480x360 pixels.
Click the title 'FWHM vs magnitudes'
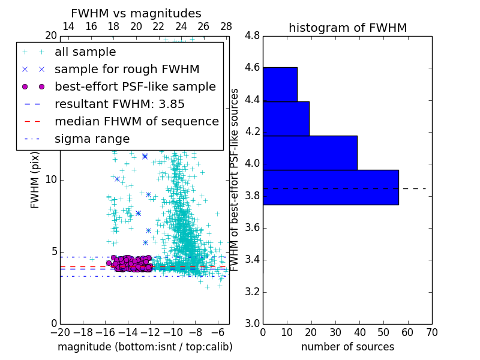(136, 13)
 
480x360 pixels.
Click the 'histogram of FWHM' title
(347, 28)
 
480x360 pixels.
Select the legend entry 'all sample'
(85, 52)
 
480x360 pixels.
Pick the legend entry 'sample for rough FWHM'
(127, 70)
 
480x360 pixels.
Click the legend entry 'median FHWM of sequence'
(136, 121)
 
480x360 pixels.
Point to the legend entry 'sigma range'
(92, 139)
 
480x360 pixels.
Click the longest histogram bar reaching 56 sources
(331, 187)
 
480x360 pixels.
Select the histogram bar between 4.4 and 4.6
(280, 84)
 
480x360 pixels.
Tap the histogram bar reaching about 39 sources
(310, 153)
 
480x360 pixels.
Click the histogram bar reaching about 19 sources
(286, 118)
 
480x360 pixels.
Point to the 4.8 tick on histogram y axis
(253, 36)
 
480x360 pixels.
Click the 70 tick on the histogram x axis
(431, 332)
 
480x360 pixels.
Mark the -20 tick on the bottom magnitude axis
(60, 332)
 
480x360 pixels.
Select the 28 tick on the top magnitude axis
(226, 26)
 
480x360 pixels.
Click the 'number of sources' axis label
(347, 347)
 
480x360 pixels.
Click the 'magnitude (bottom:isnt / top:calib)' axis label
(145, 347)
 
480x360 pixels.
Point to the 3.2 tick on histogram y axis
(253, 292)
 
